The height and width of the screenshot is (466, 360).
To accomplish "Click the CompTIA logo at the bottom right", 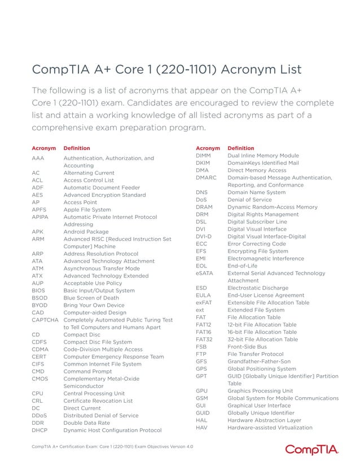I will [x=311, y=450].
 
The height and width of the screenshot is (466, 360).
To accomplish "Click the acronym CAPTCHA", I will [x=45, y=320].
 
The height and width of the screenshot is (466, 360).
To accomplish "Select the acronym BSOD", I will [x=39, y=298].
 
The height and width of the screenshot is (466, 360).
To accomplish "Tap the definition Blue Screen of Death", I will [x=91, y=298].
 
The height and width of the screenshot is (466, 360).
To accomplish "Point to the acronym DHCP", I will [x=40, y=430].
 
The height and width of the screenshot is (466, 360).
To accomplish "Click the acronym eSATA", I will [x=204, y=273].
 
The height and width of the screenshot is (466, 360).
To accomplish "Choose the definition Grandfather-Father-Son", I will [x=259, y=361].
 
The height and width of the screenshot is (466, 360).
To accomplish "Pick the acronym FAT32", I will [x=204, y=339].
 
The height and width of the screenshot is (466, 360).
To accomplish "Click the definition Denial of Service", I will [x=249, y=200].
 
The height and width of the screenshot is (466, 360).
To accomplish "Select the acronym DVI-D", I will [x=204, y=236].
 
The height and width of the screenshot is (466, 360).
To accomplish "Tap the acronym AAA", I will [x=38, y=159].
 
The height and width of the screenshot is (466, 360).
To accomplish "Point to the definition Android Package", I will [x=86, y=231].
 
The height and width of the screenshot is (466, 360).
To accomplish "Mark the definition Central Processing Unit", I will [x=94, y=393].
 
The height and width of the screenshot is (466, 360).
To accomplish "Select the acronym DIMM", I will [x=204, y=155].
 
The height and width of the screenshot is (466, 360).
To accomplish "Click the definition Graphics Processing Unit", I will [x=260, y=390].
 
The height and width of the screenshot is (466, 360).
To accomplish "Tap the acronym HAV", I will [x=202, y=427].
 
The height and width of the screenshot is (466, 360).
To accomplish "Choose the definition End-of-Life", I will [x=243, y=266].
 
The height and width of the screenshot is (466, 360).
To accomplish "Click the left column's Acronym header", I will [x=43, y=148].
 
